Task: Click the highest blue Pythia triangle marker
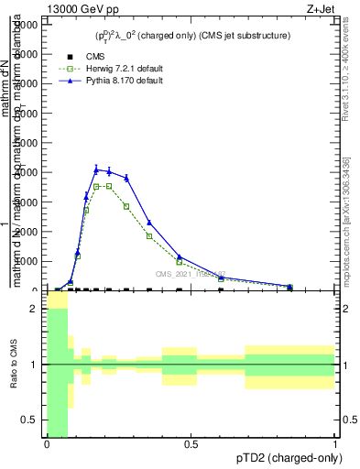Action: click(96, 169)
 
